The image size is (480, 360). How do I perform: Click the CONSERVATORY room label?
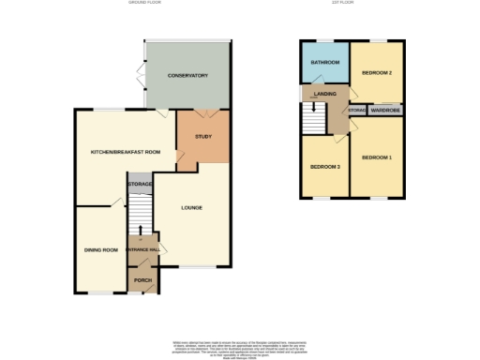point(187,76)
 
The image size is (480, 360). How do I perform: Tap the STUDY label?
point(202,138)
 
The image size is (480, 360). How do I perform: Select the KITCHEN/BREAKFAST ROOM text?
point(125,152)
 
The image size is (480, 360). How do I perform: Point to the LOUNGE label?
point(191,207)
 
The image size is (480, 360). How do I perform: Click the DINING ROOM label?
point(100,249)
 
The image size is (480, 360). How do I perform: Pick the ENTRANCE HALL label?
point(142,249)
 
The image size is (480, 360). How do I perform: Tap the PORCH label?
point(142,279)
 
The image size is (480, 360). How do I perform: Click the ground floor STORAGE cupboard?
point(141,185)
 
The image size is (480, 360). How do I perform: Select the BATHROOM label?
point(325,63)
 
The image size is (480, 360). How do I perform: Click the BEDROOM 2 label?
point(377,72)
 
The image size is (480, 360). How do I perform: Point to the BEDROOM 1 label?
point(377,157)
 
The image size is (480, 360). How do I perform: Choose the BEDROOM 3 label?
point(324,167)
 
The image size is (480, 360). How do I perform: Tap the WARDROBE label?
point(385,111)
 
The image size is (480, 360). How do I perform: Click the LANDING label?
point(324,93)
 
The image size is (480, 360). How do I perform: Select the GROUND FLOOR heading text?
point(145,4)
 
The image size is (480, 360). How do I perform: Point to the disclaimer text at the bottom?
point(240,347)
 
